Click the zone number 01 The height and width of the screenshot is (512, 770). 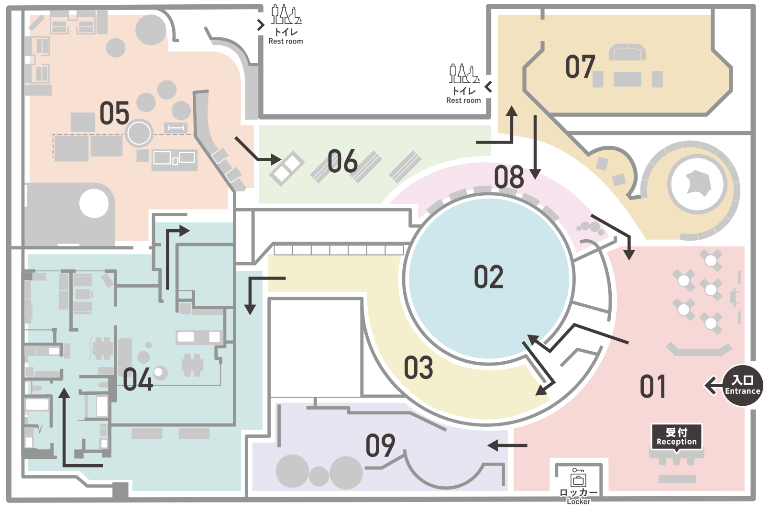point(652,387)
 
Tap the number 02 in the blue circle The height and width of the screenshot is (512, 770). point(488,277)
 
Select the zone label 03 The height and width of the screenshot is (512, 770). point(418,367)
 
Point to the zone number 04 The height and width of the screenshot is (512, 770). point(138,379)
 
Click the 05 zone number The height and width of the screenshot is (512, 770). point(114,113)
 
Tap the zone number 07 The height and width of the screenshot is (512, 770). point(580,67)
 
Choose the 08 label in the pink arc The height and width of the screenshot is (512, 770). point(509,177)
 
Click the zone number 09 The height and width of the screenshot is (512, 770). point(380,445)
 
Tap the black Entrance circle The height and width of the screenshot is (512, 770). point(742,386)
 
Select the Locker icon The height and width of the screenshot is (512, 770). point(578,478)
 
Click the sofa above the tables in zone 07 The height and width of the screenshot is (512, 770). point(627,52)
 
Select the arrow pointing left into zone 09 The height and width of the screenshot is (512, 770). point(507,445)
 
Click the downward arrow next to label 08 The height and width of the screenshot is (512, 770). point(535,147)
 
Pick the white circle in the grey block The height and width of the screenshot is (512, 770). point(94,203)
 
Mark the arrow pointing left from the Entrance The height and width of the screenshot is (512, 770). point(714,386)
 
